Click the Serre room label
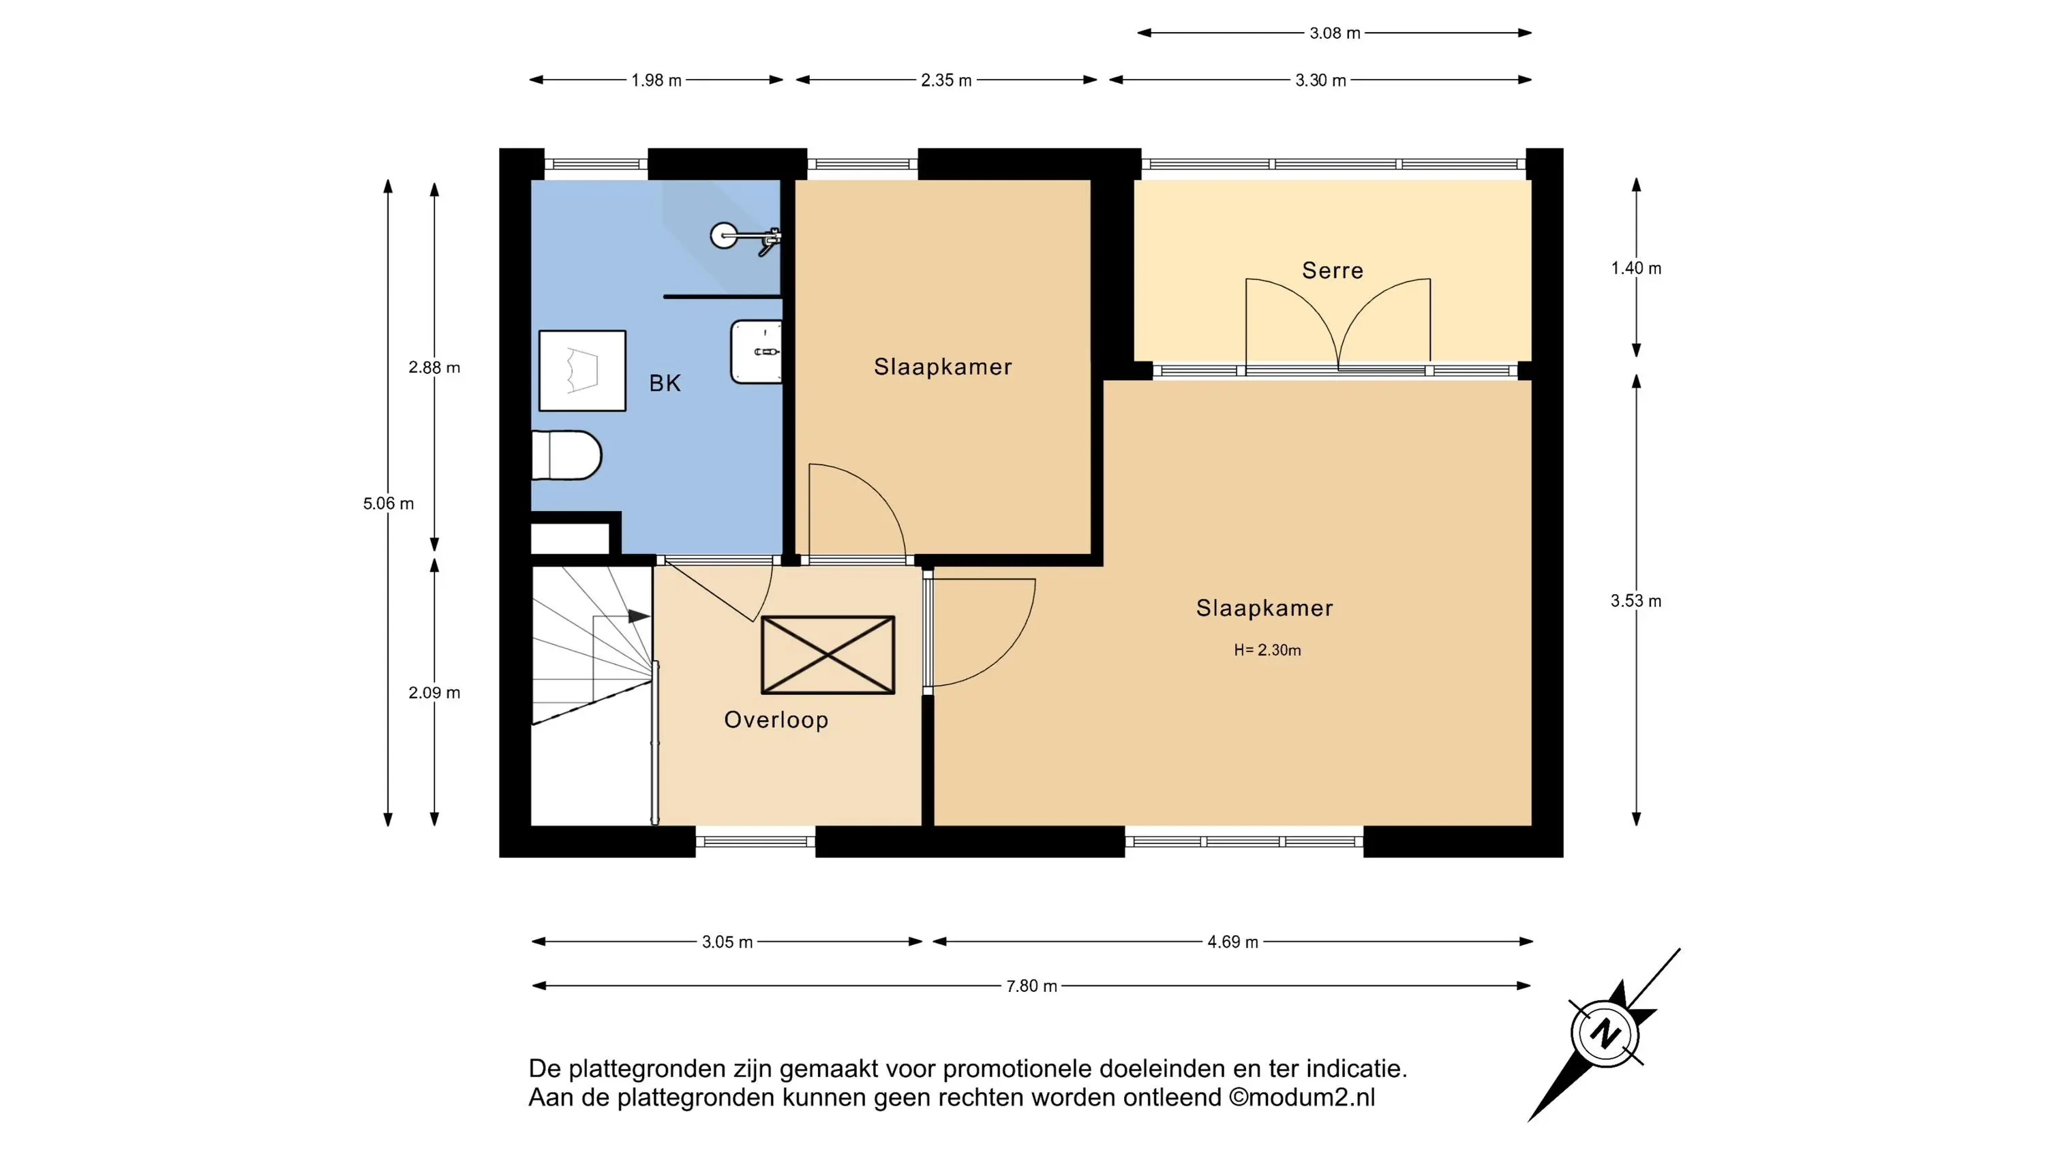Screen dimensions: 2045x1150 pos(1332,270)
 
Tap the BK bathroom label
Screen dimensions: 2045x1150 pos(665,384)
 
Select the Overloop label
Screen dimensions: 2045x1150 pos(776,720)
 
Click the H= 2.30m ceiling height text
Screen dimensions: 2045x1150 pos(1267,650)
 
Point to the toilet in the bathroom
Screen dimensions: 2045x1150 pos(566,456)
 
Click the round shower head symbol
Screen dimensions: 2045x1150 pos(723,236)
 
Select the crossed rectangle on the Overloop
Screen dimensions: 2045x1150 pos(828,655)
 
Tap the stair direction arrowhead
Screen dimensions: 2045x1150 pos(639,616)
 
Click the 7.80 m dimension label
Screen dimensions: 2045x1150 pos(1031,986)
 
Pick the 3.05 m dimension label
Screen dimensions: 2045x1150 pos(727,942)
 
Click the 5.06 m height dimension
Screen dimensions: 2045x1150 pos(388,503)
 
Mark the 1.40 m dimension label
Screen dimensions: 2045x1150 pos(1635,268)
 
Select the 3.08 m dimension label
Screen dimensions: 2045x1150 pos(1335,33)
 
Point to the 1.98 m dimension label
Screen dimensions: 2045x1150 pos(656,80)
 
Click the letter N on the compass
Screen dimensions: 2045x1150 pos(1605,1034)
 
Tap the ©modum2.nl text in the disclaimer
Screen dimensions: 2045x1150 pos(1302,1098)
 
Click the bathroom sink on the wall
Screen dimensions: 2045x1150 pos(757,352)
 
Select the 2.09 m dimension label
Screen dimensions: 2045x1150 pos(434,693)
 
